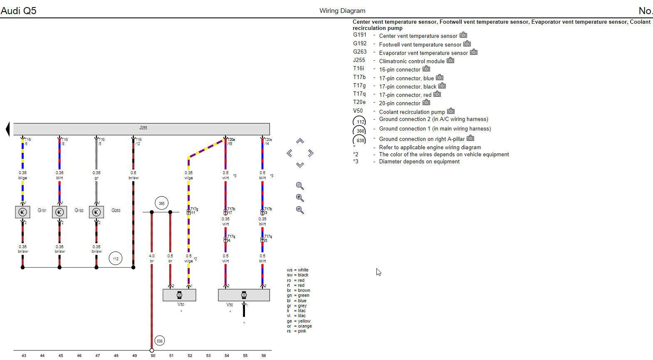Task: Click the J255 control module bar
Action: (x=141, y=128)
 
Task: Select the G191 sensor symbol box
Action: (x=22, y=212)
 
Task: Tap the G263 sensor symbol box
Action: (x=96, y=212)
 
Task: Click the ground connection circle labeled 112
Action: (x=116, y=259)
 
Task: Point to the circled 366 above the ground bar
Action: (x=161, y=203)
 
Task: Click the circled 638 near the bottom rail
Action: (x=160, y=341)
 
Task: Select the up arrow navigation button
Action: (x=300, y=141)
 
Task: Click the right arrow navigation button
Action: (x=310, y=153)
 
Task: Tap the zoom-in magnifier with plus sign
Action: (x=300, y=198)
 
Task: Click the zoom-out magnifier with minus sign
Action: (x=300, y=210)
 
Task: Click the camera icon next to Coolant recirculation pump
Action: (x=451, y=111)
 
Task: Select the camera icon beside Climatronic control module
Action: (x=450, y=61)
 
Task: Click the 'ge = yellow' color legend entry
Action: (x=298, y=321)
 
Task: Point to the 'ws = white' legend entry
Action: (x=297, y=270)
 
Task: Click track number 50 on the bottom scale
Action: (x=153, y=356)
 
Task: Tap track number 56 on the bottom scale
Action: (x=264, y=356)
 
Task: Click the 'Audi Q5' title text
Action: (x=18, y=10)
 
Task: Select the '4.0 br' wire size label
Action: (x=152, y=259)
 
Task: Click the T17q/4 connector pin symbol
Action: (x=225, y=240)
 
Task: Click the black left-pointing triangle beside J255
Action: (x=7, y=129)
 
